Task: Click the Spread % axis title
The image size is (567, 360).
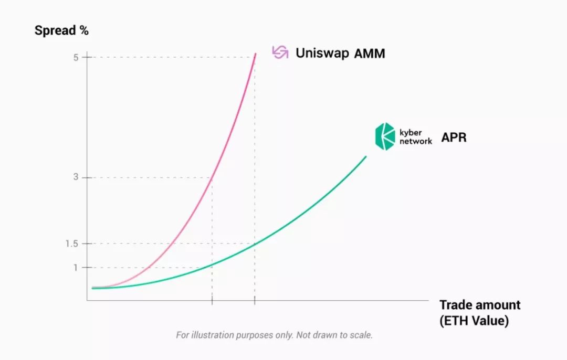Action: [x=61, y=30]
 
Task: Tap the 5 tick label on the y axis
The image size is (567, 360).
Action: [x=76, y=58]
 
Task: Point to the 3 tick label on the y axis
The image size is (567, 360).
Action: [x=76, y=177]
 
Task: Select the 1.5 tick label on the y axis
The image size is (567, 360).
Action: [x=72, y=243]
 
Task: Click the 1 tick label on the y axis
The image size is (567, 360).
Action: [x=76, y=268]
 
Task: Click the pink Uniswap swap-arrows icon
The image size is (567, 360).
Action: [x=280, y=52]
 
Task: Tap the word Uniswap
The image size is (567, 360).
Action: [x=322, y=53]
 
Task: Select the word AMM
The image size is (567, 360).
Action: [x=370, y=54]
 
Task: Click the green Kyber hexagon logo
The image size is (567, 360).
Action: [x=385, y=136]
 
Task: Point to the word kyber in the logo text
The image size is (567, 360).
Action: [x=411, y=132]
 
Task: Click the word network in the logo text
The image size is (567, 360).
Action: [x=415, y=141]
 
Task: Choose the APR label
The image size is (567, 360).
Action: [x=454, y=137]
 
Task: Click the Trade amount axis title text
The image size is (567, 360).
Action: [x=480, y=305]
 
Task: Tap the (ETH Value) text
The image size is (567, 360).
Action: [x=474, y=321]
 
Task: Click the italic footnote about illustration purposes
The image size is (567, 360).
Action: [x=274, y=335]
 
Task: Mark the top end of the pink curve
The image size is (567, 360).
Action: [x=256, y=54]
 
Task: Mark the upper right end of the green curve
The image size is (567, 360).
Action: [x=366, y=156]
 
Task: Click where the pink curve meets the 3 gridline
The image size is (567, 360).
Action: [x=212, y=177]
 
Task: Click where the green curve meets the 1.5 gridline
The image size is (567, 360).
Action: [x=255, y=243]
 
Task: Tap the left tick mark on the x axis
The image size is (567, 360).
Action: [x=212, y=300]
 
